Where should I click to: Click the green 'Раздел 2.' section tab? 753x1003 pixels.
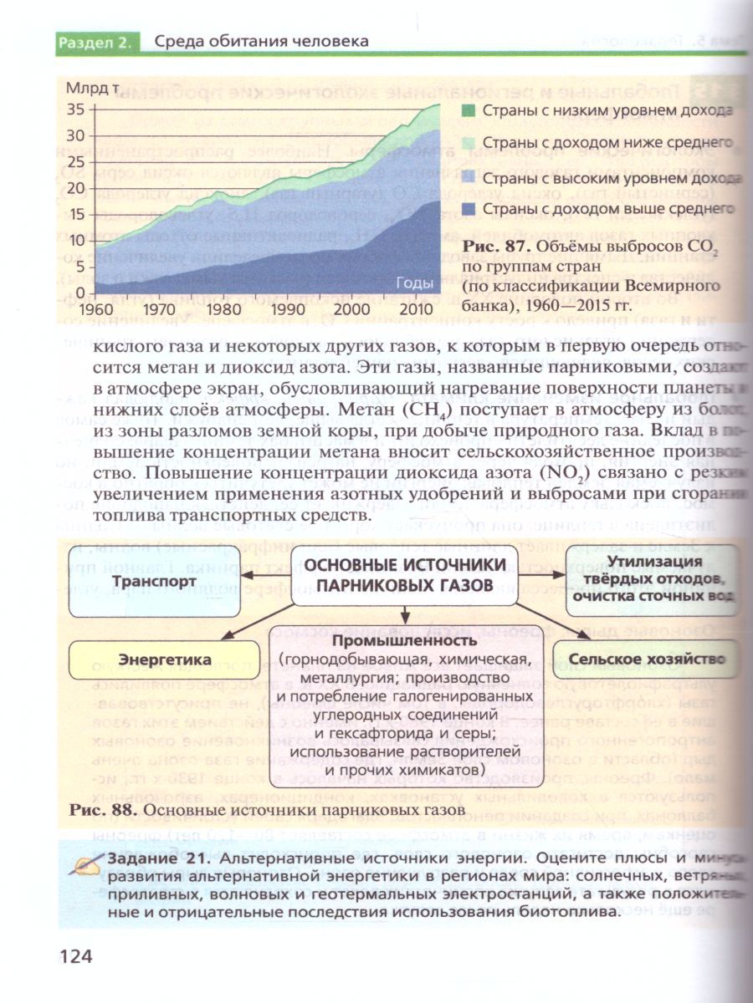94,42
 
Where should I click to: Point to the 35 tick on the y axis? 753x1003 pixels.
76,109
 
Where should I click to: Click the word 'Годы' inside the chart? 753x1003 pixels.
413,283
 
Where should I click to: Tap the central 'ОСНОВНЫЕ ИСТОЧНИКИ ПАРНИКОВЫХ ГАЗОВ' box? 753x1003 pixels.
405,574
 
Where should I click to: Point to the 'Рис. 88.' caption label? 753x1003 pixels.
100,810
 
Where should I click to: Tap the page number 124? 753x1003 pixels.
75,956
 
